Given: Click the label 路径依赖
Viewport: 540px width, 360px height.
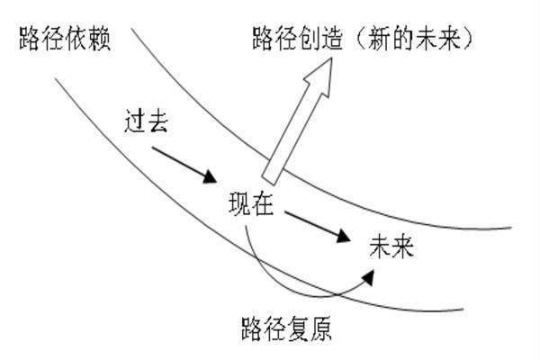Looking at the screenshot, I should [x=63, y=40].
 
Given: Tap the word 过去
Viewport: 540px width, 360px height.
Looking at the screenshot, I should [x=148, y=123].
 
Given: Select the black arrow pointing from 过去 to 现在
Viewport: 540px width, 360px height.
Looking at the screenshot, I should [x=184, y=162].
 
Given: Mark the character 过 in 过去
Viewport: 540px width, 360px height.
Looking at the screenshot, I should [x=137, y=123].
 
